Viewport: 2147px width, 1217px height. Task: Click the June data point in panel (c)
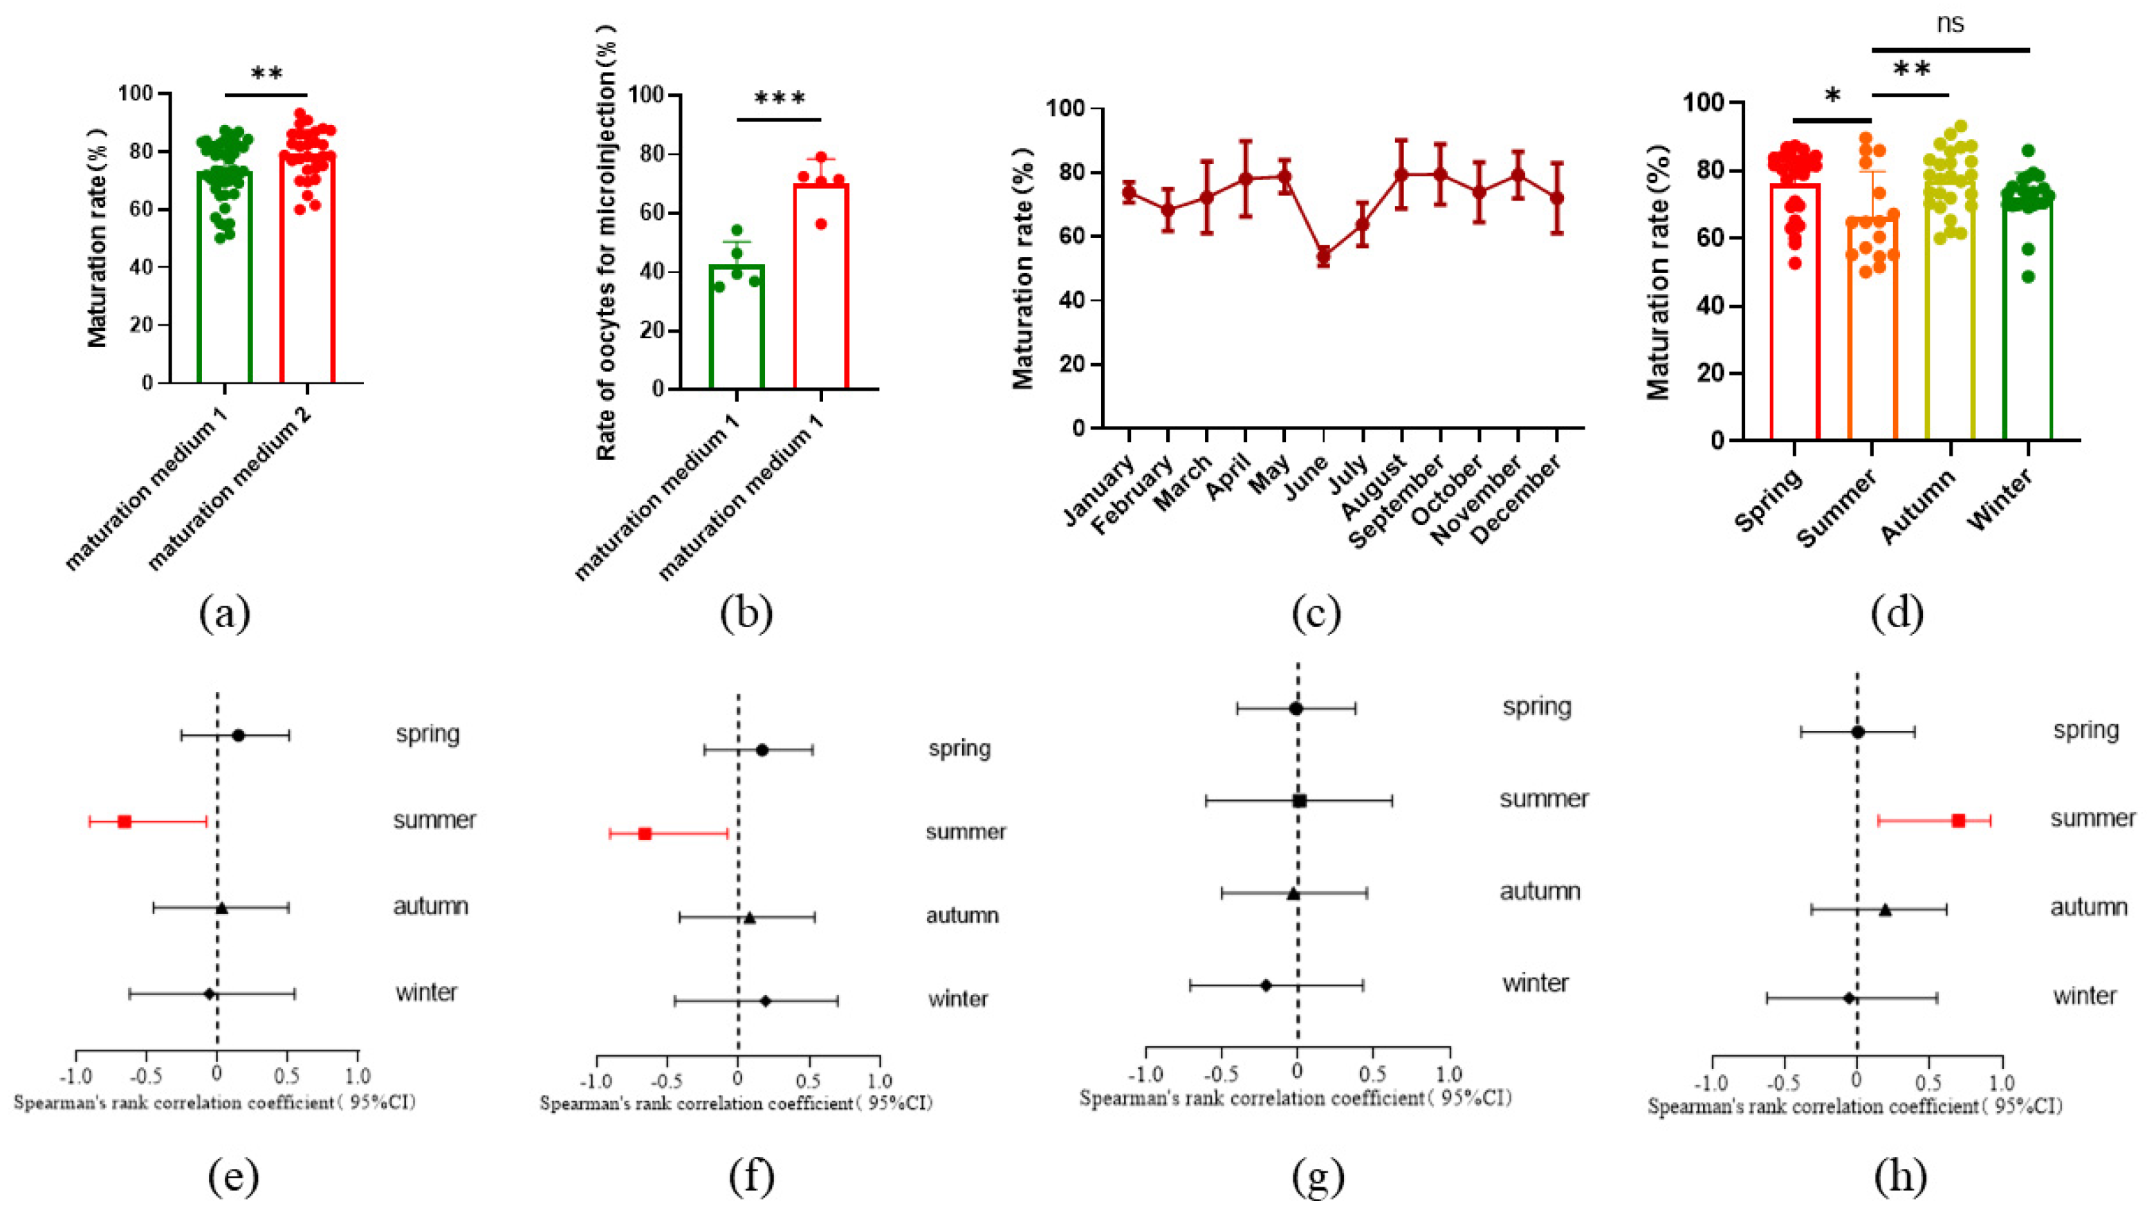coord(1323,256)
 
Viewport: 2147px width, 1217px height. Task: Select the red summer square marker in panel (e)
coord(125,821)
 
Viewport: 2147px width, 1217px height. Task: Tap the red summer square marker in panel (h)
coord(1958,820)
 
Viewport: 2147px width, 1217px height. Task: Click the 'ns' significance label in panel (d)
coord(1950,24)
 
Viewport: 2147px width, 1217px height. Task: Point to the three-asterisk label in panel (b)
coord(780,100)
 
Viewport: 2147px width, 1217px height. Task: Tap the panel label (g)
coord(1318,1177)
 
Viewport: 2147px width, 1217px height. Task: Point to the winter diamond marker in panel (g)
coord(1266,985)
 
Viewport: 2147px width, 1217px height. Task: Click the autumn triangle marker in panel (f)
coord(750,918)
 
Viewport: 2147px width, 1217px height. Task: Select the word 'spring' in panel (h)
coord(2086,730)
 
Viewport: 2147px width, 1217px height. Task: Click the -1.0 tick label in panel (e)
coord(75,1076)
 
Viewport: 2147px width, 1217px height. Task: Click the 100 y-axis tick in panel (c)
coord(1066,109)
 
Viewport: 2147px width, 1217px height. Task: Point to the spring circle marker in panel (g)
coord(1296,709)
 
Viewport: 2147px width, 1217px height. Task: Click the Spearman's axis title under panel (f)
coord(736,1104)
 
